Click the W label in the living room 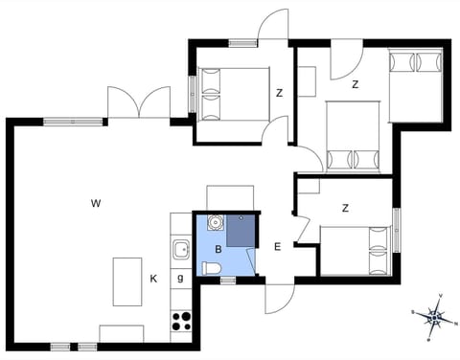point(96,203)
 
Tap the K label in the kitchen point(153,280)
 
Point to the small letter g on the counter point(180,279)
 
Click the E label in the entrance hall point(277,247)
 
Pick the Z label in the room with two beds point(355,84)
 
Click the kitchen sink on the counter point(181,251)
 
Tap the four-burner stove point(181,321)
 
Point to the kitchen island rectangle point(127,281)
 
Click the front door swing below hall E point(278,299)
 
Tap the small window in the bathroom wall point(228,281)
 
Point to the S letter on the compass point(413,312)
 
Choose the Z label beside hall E point(344,208)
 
